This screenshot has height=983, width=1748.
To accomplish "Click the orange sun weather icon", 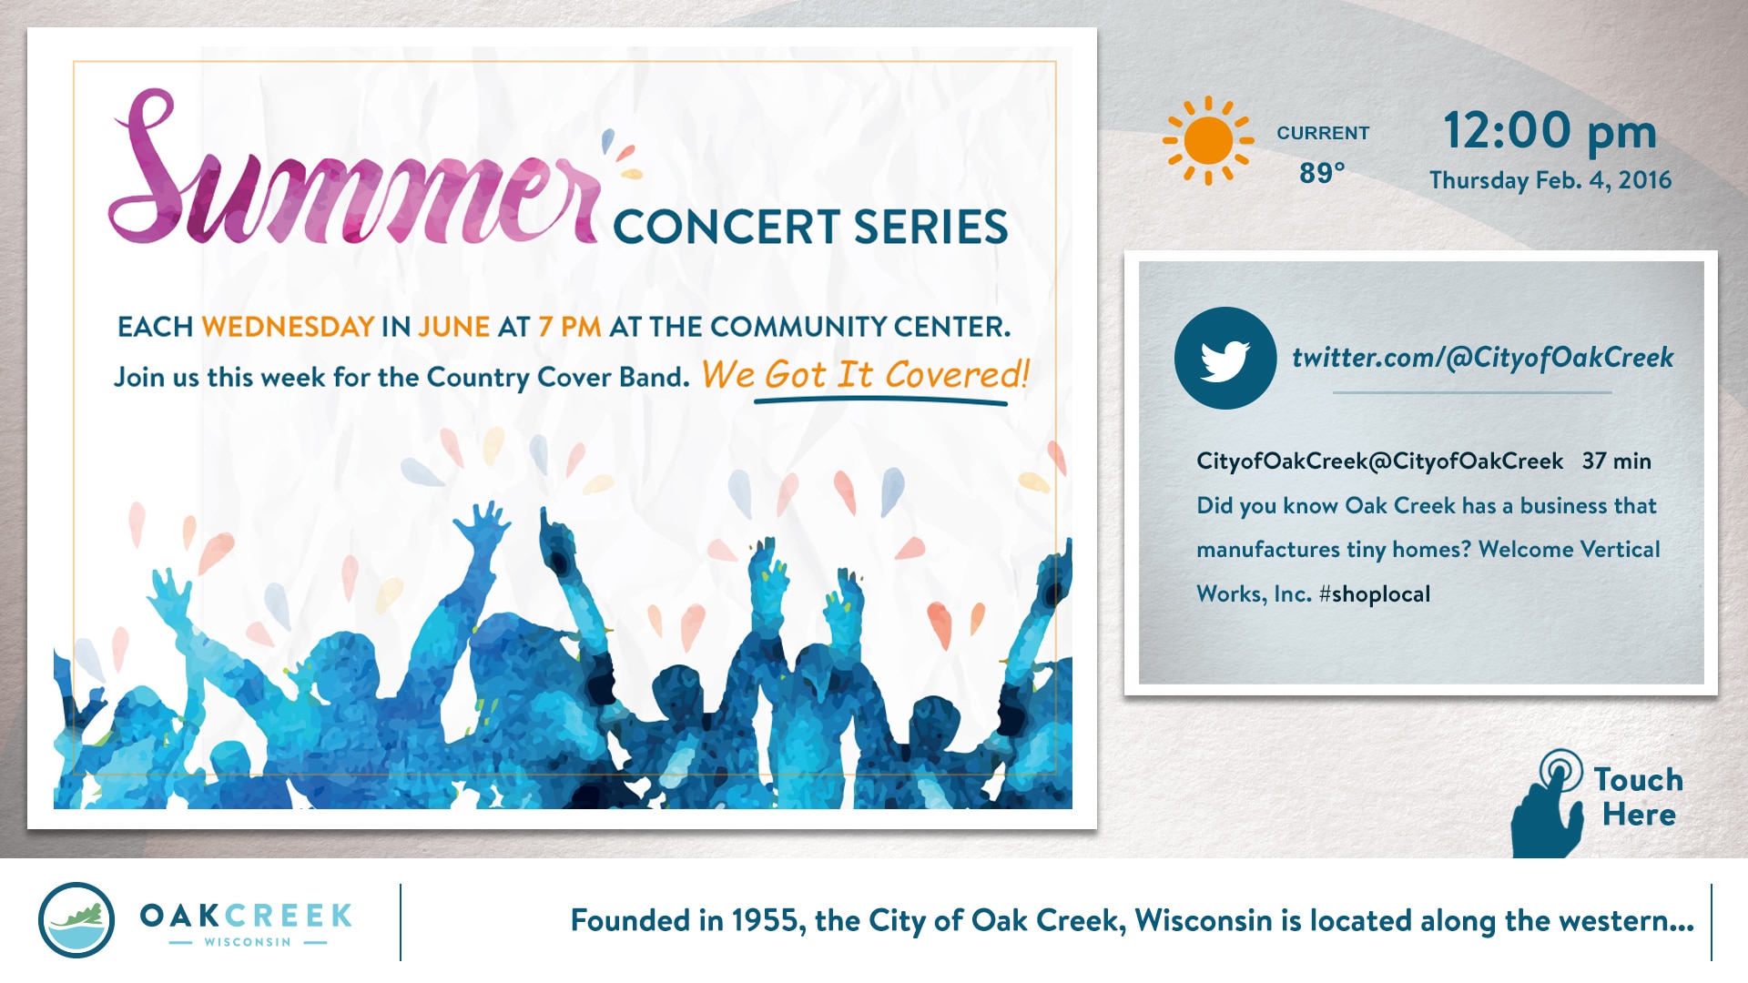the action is [1208, 140].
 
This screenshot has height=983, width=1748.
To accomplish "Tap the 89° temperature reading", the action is [1322, 172].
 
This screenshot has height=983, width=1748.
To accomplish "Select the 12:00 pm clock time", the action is [1550, 131].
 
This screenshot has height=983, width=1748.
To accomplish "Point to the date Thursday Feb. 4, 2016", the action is [1550, 180].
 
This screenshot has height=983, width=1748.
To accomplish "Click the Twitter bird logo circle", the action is [1225, 358].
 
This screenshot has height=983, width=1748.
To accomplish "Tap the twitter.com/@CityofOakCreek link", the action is [1483, 358].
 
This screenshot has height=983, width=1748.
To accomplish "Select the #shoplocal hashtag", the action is [1375, 594].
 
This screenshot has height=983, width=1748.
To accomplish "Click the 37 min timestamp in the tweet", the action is [1617, 461].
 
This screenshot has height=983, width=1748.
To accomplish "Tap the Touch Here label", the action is [1639, 796].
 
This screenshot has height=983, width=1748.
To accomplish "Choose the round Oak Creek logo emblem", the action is [76, 919].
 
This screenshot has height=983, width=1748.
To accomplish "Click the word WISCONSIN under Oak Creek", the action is [248, 942].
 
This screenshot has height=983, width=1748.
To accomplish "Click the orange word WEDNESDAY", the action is [288, 327].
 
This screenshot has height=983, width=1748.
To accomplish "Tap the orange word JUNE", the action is [453, 327].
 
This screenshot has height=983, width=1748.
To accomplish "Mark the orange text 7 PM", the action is [570, 327].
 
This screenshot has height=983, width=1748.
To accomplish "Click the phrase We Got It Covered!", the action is [865, 375].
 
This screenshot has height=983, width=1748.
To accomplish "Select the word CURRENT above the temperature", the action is [1323, 133].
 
